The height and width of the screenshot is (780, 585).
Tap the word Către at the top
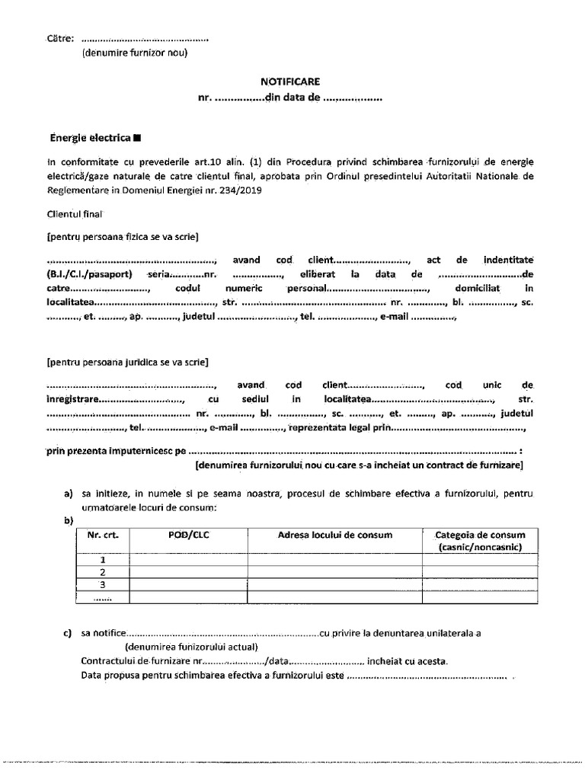(60, 38)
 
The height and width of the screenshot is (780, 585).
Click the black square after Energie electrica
(137, 139)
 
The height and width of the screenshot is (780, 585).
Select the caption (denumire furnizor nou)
(134, 53)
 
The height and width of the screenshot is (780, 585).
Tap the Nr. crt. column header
(104, 535)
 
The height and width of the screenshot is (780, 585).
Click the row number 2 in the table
(103, 572)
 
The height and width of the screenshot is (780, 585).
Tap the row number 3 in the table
(103, 585)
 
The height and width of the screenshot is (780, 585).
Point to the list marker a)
(69, 494)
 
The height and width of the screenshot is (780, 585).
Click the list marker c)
(69, 632)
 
